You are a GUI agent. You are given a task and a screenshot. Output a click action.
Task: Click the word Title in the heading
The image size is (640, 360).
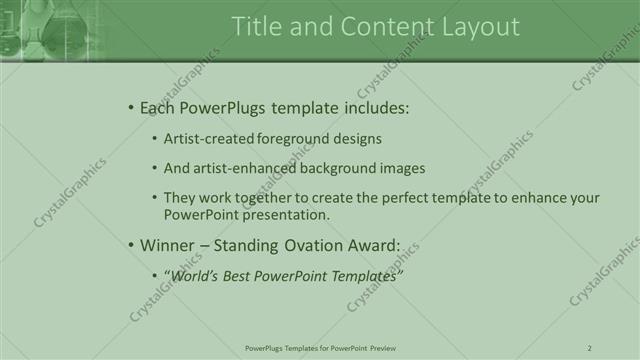254,27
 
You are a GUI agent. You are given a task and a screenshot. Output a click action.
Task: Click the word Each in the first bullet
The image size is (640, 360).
159,108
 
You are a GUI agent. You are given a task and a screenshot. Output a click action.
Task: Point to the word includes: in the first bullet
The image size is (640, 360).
375,108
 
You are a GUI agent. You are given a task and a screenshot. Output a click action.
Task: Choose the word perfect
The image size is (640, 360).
400,198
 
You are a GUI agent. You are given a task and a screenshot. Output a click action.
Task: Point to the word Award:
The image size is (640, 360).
376,245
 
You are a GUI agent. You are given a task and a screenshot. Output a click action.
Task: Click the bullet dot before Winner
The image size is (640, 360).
131,245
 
